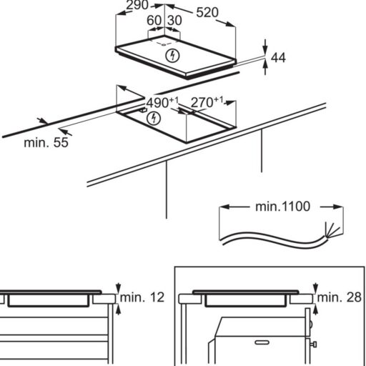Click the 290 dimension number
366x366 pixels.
tap(137, 5)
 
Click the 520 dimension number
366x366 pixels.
tap(207, 12)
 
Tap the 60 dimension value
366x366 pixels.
tap(154, 21)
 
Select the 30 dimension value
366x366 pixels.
tap(174, 21)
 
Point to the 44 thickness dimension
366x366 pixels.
tap(278, 58)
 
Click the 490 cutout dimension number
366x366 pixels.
tap(157, 103)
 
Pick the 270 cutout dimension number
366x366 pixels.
tap(202, 102)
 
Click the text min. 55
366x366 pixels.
tap(46, 142)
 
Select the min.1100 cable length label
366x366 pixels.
tap(282, 207)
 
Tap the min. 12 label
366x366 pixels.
tap(142, 297)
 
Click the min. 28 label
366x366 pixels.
tap(340, 297)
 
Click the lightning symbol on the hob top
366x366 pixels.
tap(172, 56)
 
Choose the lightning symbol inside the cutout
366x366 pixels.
tap(154, 119)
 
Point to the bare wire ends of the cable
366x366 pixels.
tap(332, 230)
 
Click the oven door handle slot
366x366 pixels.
tap(262, 342)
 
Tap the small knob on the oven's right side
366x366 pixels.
tap(314, 345)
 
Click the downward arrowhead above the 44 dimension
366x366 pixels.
tap(265, 50)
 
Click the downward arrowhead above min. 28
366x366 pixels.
tap(315, 287)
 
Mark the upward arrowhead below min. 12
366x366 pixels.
tap(118, 310)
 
